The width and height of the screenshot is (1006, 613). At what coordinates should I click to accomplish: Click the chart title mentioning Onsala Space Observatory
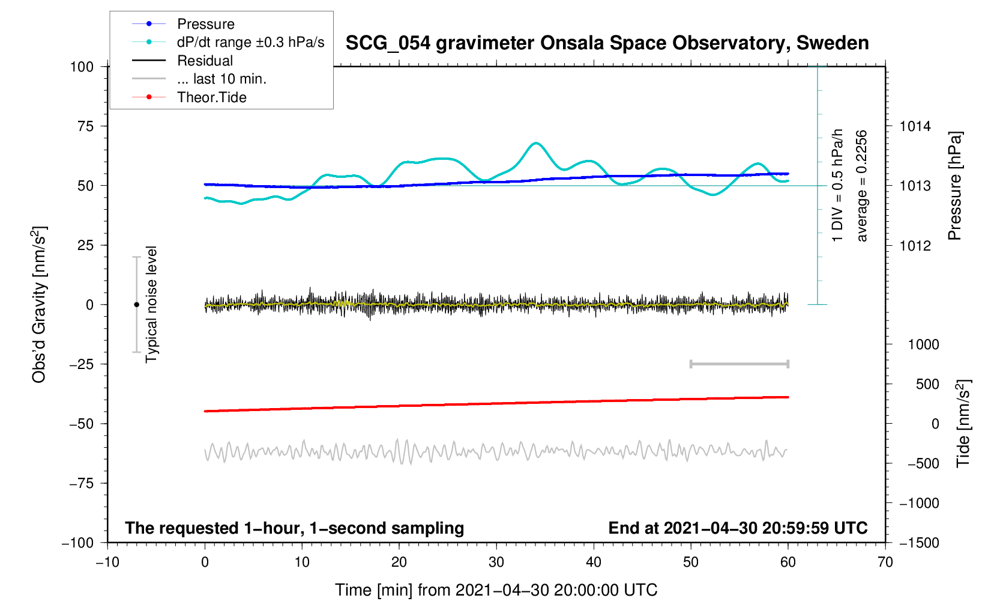[x=607, y=43]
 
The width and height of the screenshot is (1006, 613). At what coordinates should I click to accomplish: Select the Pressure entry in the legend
[x=205, y=24]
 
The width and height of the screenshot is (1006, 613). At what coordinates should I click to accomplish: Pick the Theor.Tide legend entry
[x=211, y=97]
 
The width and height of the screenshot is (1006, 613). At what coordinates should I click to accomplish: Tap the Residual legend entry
[x=205, y=61]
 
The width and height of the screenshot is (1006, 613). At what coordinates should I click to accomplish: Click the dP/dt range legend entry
[x=250, y=42]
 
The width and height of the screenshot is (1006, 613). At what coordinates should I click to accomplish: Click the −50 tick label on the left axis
[x=82, y=424]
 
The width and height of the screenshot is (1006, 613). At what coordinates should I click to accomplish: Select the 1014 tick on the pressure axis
[x=915, y=126]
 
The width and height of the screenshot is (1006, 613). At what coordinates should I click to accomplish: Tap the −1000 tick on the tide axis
[x=919, y=503]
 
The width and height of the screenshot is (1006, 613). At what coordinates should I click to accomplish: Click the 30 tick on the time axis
[x=496, y=563]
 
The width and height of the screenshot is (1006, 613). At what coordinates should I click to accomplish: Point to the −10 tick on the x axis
[x=107, y=563]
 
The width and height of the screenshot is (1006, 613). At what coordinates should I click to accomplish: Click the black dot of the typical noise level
[x=136, y=305]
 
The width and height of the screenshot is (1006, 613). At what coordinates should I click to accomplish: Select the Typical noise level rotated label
[x=151, y=304]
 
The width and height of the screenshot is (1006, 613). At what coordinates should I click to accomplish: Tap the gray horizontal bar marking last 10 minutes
[x=739, y=364]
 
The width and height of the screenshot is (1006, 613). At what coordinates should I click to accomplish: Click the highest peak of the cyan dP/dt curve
[x=535, y=143]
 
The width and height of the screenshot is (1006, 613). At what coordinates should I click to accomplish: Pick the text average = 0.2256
[x=862, y=186]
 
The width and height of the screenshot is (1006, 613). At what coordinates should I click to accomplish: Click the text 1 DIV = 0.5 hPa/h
[x=837, y=185]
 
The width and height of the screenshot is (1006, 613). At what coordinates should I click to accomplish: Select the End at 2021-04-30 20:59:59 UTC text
[x=738, y=528]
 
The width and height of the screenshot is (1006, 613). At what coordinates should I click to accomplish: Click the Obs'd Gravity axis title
[x=39, y=304]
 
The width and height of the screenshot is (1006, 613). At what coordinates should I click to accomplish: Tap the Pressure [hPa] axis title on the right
[x=954, y=186]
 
